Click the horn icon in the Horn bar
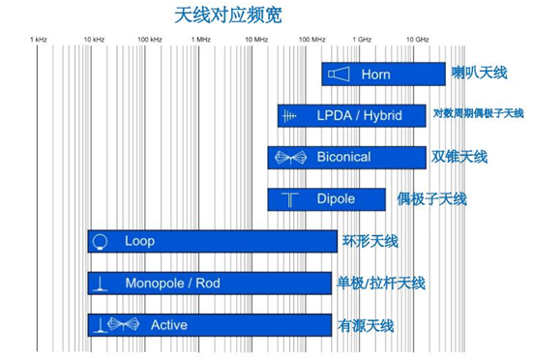pyautogui.click(x=337, y=75)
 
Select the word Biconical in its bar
pyautogui.click(x=343, y=157)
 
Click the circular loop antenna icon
pyautogui.click(x=99, y=241)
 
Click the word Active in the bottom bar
pyautogui.click(x=168, y=325)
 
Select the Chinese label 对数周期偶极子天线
pyautogui.click(x=479, y=115)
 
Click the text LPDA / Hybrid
pyautogui.click(x=358, y=116)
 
